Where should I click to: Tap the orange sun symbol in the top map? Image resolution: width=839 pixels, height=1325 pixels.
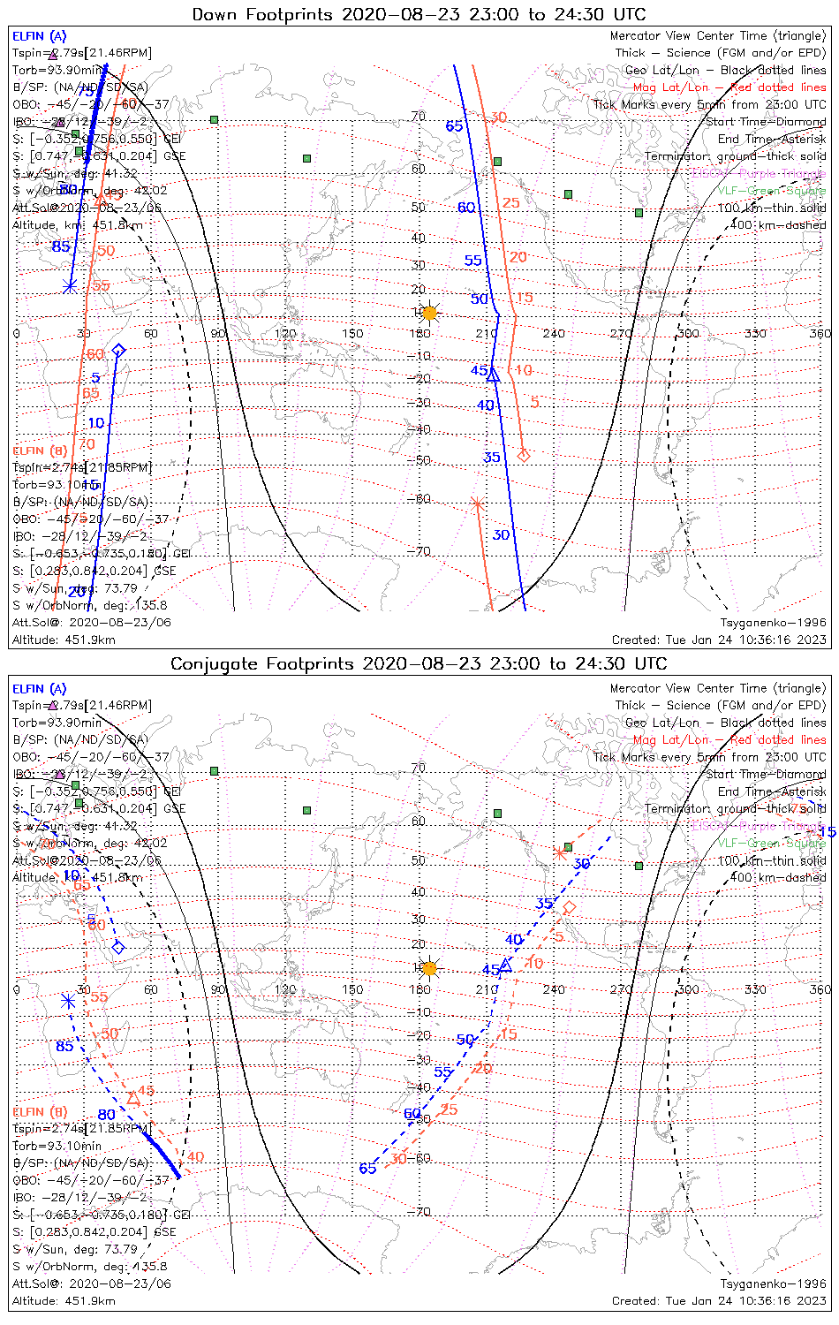429,313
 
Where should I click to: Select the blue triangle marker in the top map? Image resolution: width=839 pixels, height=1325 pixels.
494,375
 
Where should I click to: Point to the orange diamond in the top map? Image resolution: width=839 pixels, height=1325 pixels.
523,455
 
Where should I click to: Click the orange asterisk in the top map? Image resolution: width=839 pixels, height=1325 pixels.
477,504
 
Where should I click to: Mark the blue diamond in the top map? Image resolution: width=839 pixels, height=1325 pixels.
118,351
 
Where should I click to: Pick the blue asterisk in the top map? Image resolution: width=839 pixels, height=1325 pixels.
70,285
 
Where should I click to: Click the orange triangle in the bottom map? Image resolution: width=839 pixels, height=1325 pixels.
132,1098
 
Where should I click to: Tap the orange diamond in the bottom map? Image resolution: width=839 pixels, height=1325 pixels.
570,907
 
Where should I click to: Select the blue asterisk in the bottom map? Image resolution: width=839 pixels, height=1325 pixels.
68,1001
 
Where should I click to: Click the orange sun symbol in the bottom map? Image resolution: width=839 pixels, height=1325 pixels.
429,968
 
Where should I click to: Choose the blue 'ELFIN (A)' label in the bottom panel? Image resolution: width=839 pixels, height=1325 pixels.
40,689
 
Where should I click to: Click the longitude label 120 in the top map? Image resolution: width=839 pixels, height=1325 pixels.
285,334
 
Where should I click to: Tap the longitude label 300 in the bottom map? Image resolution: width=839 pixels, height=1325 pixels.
688,989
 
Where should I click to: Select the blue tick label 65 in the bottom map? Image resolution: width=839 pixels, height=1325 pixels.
367,1169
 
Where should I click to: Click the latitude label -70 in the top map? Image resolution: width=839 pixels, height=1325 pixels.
420,552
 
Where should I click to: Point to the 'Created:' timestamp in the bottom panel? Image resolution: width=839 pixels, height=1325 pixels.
719,1300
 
